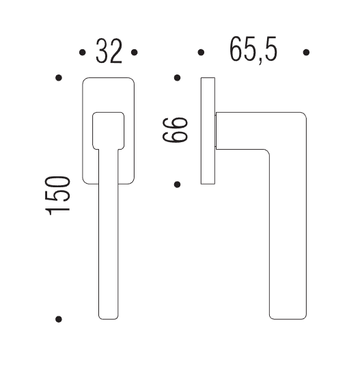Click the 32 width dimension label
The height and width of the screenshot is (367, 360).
(109, 51)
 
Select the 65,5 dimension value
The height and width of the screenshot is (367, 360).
(253, 50)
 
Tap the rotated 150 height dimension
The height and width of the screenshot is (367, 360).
(58, 195)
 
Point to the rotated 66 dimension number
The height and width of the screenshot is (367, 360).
(175, 130)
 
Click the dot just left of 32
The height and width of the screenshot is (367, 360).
(83, 52)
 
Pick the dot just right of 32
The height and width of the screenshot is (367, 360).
(135, 52)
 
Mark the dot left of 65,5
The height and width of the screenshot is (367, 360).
(201, 52)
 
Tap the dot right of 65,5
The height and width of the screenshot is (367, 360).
(306, 52)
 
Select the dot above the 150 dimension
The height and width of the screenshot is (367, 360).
(59, 78)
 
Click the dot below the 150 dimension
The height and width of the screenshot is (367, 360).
(59, 319)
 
